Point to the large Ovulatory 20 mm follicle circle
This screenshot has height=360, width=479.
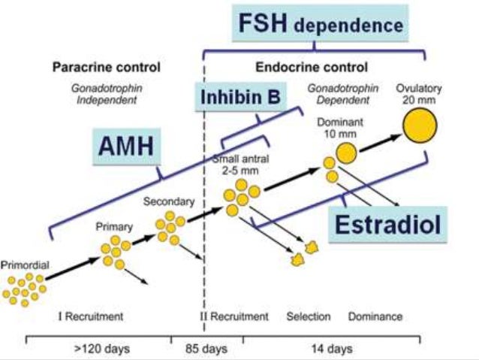[420, 126]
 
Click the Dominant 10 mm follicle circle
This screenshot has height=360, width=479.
[346, 153]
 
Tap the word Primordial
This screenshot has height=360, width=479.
[25, 267]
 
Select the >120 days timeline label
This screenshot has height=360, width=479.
[99, 349]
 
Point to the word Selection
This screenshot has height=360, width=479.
[308, 316]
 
